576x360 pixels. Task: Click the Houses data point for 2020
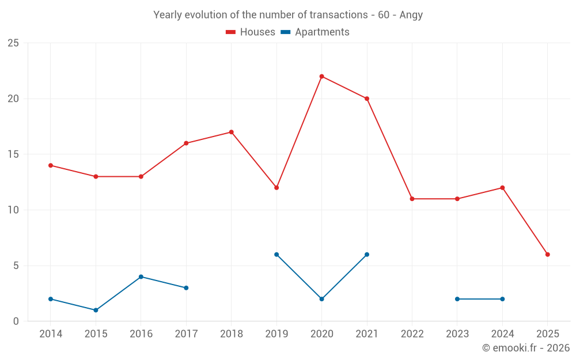321,77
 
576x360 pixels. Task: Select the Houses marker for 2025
547,255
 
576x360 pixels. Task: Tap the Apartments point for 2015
96,310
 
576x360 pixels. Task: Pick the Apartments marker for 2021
366,255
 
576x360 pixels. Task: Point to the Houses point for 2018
231,132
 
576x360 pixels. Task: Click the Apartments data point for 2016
141,276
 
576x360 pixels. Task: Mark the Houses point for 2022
412,199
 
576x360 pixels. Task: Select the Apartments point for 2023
457,299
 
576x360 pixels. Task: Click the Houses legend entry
250,32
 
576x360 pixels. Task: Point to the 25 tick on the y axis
13,43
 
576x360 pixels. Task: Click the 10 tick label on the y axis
13,210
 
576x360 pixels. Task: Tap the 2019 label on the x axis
276,334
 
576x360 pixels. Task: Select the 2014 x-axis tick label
51,334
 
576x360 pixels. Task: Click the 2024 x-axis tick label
502,334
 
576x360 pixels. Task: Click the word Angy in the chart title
411,15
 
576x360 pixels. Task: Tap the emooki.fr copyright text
525,348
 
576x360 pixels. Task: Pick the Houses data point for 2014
51,165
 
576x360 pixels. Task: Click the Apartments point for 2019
276,255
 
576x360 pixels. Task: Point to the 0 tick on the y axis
16,321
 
